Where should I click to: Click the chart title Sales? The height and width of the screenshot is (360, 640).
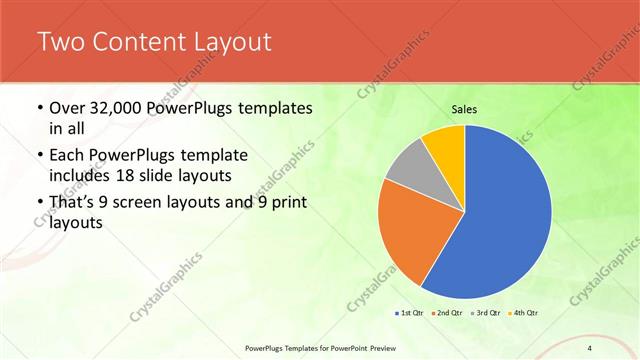[464, 109]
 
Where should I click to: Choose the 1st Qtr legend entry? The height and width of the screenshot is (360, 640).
[409, 313]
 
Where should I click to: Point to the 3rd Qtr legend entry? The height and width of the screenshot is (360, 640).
[483, 313]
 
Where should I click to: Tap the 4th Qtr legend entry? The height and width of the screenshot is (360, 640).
[521, 313]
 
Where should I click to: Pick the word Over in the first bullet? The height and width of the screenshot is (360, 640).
[67, 107]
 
